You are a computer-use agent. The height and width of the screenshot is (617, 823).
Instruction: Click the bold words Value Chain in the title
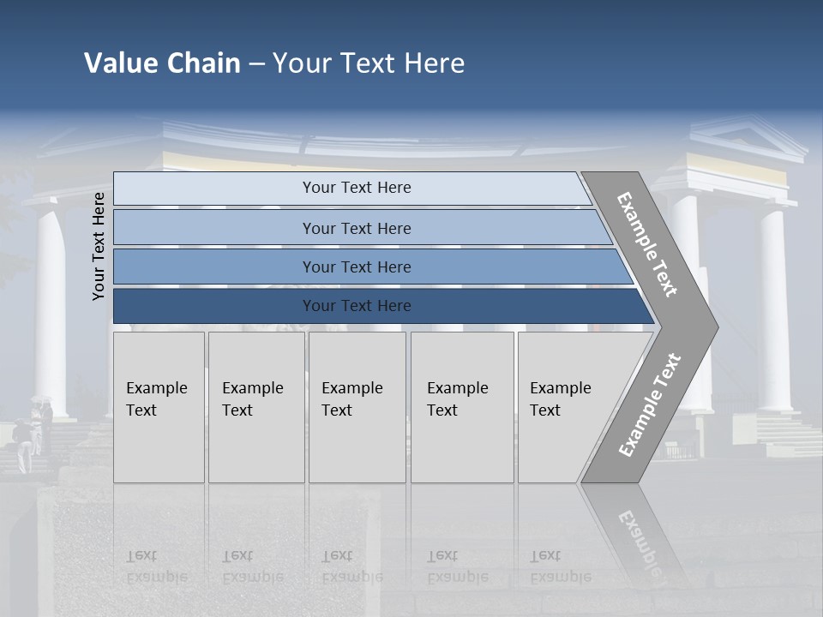point(162,63)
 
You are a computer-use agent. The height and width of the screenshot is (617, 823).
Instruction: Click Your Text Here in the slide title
point(369,63)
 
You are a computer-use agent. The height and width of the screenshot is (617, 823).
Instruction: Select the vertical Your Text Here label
point(99,246)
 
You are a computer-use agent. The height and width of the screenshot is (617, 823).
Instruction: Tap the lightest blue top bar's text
point(357,188)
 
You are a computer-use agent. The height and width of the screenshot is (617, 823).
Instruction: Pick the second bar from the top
point(357,228)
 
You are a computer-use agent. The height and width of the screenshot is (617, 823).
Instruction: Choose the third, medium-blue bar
point(357,267)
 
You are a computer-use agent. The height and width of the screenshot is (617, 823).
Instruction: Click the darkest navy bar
point(357,306)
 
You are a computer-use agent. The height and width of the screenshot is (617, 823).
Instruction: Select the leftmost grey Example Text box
point(159,407)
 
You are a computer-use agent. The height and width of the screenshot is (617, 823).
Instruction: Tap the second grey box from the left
point(255,407)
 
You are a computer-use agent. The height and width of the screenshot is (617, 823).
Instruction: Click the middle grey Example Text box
point(357,407)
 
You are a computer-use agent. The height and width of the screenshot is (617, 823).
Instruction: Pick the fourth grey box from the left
point(462,407)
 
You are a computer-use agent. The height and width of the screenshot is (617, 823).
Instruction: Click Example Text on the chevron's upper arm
point(647,244)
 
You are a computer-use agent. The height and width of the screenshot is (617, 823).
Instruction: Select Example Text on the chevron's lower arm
point(649,404)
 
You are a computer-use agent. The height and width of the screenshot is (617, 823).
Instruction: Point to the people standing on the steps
point(33,433)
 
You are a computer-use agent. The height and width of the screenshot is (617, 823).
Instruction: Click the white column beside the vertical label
point(51,308)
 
